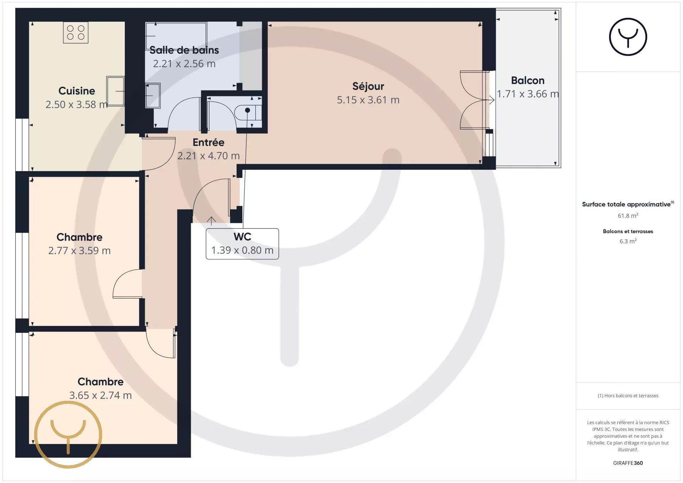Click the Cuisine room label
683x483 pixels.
coord(77,91)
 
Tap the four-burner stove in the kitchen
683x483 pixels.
coord(76,32)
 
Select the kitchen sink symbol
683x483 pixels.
coord(116,91)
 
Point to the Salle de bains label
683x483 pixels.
coord(184,50)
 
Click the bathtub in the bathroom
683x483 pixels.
coord(176,36)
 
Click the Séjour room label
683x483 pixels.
coord(368,86)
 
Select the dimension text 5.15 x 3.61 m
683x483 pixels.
coord(368,100)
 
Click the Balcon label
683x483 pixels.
coord(528,80)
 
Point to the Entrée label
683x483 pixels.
coord(208,142)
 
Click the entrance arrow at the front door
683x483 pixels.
coord(211,221)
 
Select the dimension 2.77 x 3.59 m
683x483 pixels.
coord(79,251)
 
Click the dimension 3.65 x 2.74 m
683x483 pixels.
coord(101,396)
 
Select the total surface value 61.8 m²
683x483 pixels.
coord(628,216)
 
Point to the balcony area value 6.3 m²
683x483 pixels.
coord(628,241)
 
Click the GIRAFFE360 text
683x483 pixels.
coord(628,463)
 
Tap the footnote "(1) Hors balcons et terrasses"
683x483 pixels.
coord(628,396)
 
